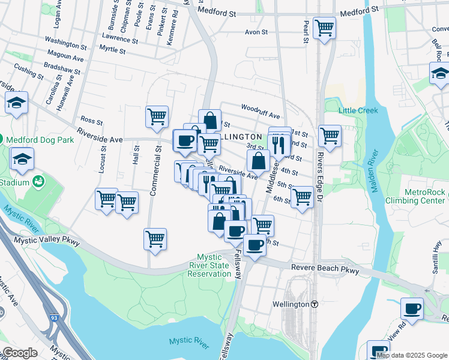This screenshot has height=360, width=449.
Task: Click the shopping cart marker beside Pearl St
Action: point(324,28)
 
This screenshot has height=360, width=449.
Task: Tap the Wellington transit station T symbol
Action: point(315,304)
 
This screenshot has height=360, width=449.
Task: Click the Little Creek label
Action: point(358,110)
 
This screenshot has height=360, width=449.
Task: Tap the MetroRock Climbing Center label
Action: point(415,196)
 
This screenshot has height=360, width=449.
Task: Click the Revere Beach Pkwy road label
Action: point(325,270)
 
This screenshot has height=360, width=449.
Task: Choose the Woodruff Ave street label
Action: point(261,111)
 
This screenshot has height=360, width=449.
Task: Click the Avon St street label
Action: point(259,32)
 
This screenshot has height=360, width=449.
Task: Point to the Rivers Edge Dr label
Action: point(320,174)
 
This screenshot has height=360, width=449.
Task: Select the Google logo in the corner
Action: point(19,353)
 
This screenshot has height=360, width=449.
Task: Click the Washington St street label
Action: point(65,44)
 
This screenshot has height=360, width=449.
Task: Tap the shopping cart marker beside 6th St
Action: point(301,196)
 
